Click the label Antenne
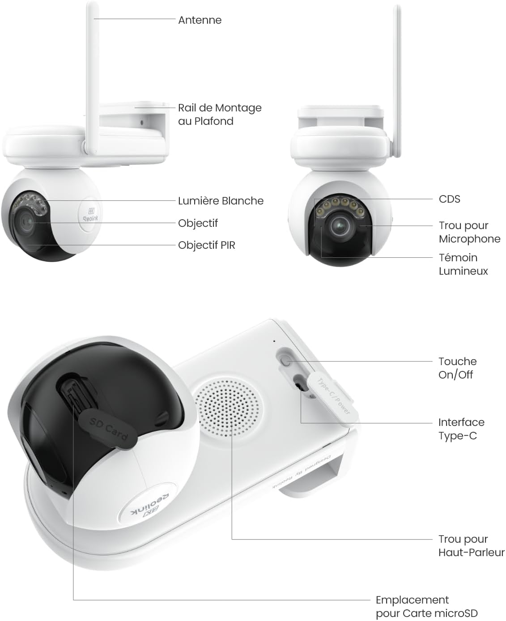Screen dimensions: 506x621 point(200,20)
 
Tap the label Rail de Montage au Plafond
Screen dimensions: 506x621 point(220,114)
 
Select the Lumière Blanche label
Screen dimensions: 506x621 point(221,201)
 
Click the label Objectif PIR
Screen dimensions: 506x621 point(207,245)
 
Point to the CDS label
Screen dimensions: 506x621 point(450,199)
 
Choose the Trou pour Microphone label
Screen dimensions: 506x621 point(470,232)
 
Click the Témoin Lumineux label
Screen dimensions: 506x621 point(463,264)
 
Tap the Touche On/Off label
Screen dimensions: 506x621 point(458,368)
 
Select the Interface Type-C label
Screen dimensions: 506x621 point(461,429)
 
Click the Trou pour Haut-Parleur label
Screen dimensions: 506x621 point(471,546)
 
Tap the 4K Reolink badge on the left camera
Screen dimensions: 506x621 point(90,215)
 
